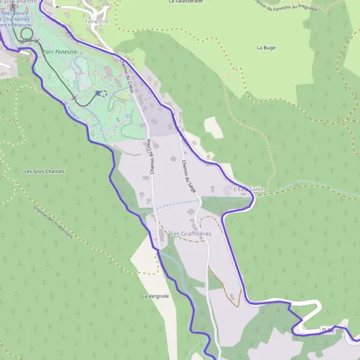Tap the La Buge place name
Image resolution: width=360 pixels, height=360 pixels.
[265, 47]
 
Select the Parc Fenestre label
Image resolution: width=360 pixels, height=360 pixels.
[59, 52]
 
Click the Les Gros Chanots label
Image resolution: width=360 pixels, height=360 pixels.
[44, 171]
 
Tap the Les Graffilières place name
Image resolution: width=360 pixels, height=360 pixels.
[190, 233]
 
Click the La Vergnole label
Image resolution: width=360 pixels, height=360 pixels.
[155, 296]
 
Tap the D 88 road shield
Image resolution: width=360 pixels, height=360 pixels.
[328, 330]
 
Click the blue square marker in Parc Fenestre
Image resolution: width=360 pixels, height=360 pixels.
[98, 93]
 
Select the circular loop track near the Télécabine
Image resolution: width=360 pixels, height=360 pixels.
[26, 36]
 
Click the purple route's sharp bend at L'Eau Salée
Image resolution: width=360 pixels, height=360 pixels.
[254, 199]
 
